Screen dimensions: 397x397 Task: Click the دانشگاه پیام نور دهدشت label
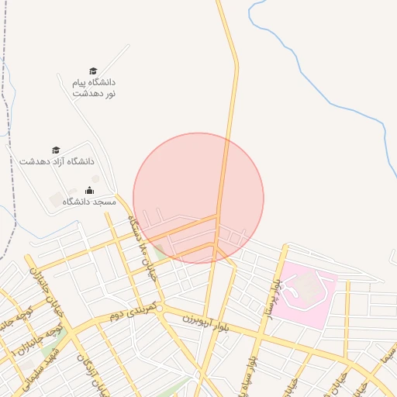(x=94, y=87)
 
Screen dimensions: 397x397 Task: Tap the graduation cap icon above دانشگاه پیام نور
(x=93, y=71)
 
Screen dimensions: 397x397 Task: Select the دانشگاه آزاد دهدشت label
(x=57, y=161)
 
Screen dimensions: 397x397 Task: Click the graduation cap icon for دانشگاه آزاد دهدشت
(x=56, y=150)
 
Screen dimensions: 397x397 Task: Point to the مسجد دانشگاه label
(x=89, y=202)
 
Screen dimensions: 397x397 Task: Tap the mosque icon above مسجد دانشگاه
(x=88, y=190)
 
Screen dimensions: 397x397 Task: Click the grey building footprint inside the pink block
(x=308, y=288)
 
